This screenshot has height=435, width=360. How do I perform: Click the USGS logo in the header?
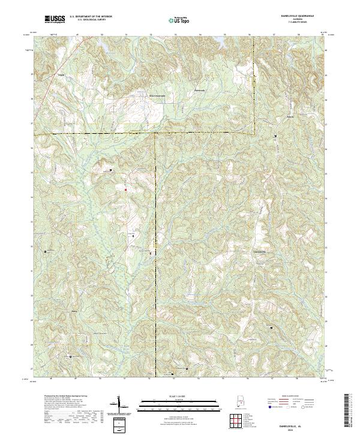click(55, 19)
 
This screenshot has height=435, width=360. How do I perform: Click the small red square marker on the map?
click(125, 190)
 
